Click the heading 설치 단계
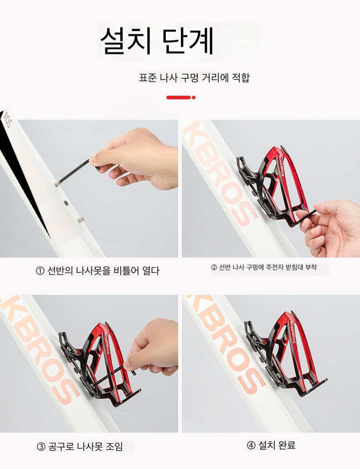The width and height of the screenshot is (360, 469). coord(157,41)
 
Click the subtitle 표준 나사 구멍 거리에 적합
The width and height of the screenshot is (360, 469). coord(194,78)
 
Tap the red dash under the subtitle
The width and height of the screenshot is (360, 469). coord(179,98)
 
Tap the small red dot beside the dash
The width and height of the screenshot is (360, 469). coord(194,98)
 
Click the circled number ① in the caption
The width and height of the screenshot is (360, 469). coord(40,271)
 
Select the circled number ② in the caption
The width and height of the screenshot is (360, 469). coord(214,268)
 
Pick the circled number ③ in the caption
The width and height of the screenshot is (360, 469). coord(41,447)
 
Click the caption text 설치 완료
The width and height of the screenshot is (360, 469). coord(277,445)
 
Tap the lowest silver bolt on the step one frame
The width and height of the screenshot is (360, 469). coord(80,220)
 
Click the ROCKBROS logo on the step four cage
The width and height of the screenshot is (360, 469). coord(292,332)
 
